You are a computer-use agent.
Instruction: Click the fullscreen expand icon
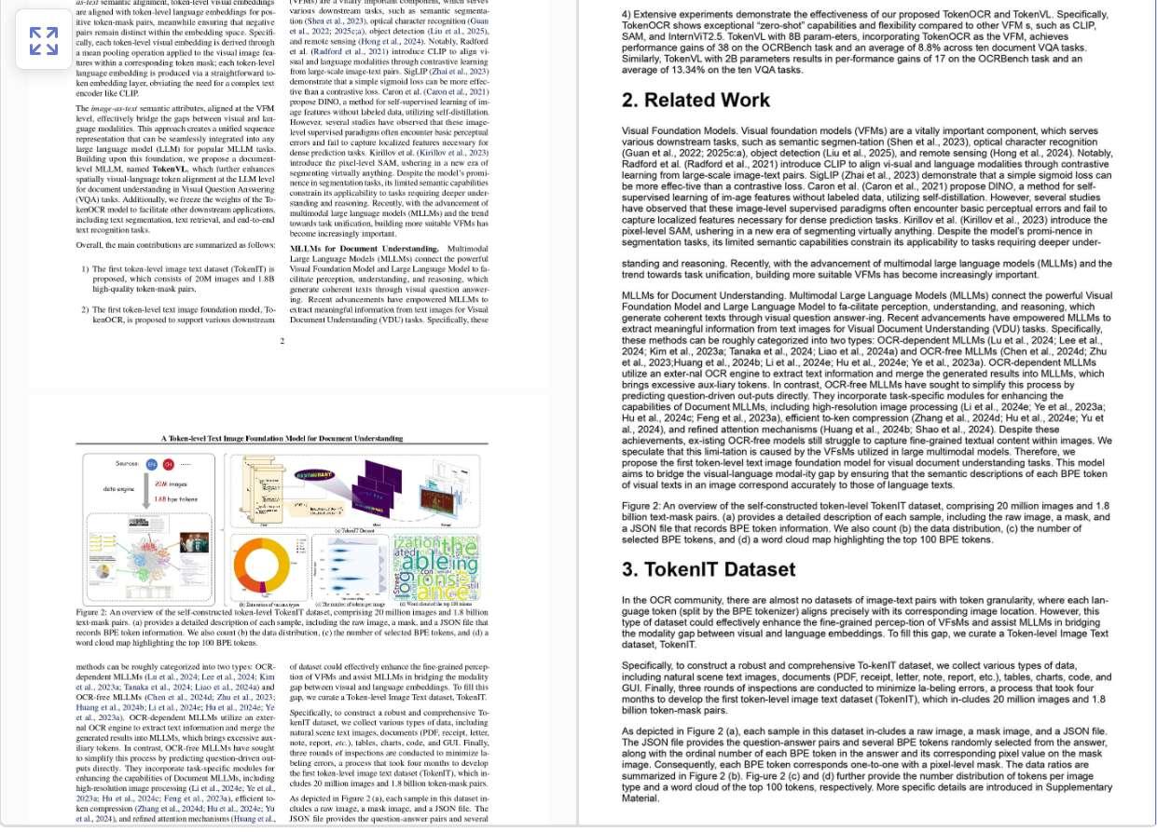(x=43, y=40)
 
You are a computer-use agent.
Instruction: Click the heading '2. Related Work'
(x=696, y=100)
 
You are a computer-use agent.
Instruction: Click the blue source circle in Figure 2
(x=152, y=464)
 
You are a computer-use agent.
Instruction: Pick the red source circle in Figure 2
(x=169, y=464)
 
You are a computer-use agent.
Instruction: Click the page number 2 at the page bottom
(x=282, y=341)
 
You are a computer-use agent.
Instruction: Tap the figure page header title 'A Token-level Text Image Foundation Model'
(x=282, y=438)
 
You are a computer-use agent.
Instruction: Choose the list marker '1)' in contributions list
(x=85, y=269)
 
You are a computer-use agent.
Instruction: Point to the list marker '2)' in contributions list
(x=85, y=309)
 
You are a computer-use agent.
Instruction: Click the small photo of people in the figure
(x=194, y=541)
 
